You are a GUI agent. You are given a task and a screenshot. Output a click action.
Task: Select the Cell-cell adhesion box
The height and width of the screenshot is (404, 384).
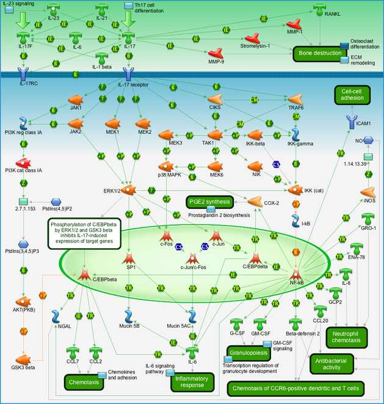coord(353,96)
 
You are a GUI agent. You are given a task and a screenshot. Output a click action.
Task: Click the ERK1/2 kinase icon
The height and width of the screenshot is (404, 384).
coord(128,190)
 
